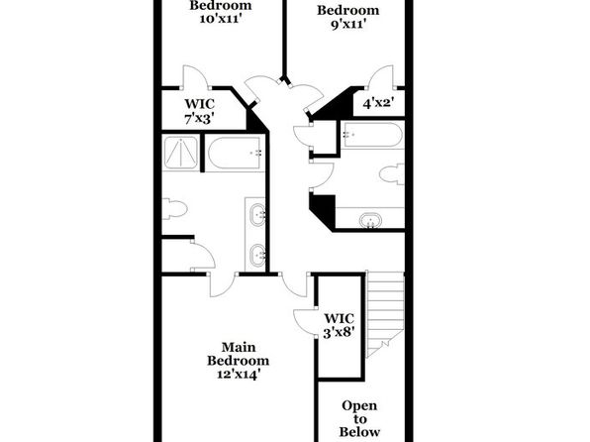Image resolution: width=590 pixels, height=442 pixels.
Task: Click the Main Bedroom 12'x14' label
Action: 238,361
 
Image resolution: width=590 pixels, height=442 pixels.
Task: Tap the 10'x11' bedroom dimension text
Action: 220,19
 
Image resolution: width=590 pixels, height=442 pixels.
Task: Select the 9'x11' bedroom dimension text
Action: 348,25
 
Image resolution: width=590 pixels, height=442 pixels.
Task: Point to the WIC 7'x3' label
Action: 199,111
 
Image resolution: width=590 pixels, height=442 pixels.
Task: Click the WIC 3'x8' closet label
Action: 339,326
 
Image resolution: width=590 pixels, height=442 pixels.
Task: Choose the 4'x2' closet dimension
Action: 378,103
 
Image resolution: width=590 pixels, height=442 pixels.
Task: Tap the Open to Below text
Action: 359,418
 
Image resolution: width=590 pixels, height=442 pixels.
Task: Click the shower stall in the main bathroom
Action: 181,153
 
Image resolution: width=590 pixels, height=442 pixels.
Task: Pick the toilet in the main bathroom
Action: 175,209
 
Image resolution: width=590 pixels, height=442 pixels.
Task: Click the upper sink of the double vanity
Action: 257,215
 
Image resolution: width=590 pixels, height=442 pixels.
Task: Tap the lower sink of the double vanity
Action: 257,255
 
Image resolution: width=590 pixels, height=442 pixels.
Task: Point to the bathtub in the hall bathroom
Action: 372,135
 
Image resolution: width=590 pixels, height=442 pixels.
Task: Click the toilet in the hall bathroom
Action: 392,174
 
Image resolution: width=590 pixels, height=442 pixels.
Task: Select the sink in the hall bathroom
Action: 371,220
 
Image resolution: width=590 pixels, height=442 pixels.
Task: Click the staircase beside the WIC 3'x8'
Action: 384,314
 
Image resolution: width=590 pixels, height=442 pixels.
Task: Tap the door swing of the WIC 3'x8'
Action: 305,321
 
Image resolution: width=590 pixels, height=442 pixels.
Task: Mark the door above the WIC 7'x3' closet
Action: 195,77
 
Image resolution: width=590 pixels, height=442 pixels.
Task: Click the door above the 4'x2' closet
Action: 381,77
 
